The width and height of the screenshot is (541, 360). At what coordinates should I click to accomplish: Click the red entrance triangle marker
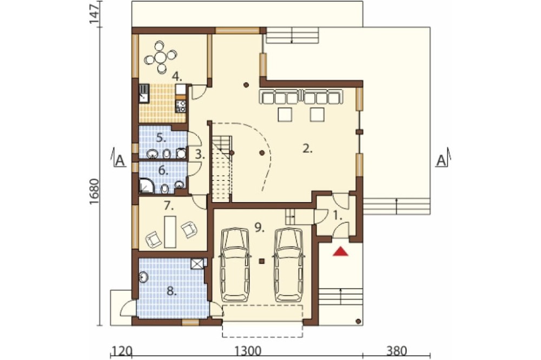[340, 252]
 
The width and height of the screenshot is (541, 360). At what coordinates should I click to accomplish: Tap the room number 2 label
[307, 149]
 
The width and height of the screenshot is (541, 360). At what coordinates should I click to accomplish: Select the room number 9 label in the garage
[260, 227]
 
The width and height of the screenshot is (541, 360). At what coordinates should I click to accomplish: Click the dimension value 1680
[95, 191]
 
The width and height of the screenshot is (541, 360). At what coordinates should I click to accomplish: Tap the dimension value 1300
[248, 351]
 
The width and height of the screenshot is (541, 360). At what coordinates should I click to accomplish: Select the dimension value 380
[397, 351]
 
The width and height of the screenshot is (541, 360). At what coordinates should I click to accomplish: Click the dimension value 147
[95, 13]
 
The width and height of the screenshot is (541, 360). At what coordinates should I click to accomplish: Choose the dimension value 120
[121, 351]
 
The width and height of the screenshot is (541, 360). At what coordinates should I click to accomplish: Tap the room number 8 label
[171, 291]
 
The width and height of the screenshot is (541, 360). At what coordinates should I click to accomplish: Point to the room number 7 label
[169, 206]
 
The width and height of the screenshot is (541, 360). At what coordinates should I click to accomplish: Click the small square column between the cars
[262, 261]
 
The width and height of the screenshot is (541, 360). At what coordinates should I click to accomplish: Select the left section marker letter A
[120, 161]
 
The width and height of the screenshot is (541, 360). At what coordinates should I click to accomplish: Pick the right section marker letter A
[441, 161]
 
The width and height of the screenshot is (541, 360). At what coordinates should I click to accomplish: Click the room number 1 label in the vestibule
[338, 216]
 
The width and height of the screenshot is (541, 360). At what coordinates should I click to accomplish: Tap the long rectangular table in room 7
[170, 231]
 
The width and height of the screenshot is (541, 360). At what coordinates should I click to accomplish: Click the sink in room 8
[143, 277]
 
